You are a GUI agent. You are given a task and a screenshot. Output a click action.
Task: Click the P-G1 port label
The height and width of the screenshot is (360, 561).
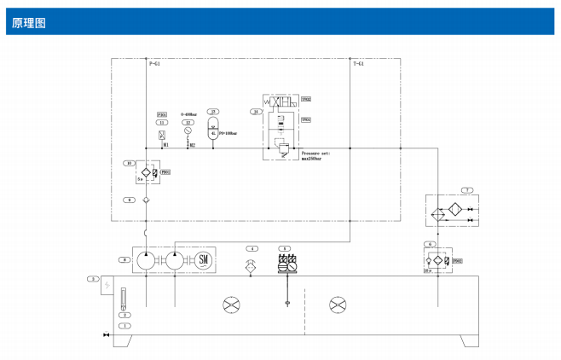pos(154,64)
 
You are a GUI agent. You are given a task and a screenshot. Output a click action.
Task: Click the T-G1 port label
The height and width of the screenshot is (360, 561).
pos(359,64)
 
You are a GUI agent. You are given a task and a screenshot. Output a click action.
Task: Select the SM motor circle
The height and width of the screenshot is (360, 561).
pos(203,260)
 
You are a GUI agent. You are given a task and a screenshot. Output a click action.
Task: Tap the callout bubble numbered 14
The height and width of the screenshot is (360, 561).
pos(255,112)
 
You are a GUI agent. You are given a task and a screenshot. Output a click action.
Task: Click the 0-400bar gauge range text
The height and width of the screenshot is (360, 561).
pos(188,113)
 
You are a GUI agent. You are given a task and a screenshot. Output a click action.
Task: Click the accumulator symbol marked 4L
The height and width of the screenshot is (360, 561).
pos(213,133)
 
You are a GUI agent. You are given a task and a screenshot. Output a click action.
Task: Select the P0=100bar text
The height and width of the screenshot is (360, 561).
pos(228,133)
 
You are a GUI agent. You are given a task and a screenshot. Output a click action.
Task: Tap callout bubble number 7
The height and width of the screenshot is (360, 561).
pos(466,189)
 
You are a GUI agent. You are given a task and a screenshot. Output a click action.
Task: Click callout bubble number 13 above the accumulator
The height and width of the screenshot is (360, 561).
pos(213,112)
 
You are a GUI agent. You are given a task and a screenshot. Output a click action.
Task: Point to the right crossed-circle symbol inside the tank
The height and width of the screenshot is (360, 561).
pos(338,304)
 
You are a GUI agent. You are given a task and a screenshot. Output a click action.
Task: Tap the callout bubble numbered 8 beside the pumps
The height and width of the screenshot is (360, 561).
pos(126,259)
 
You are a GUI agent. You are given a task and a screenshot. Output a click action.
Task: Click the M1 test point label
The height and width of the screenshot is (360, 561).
pos(165,145)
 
